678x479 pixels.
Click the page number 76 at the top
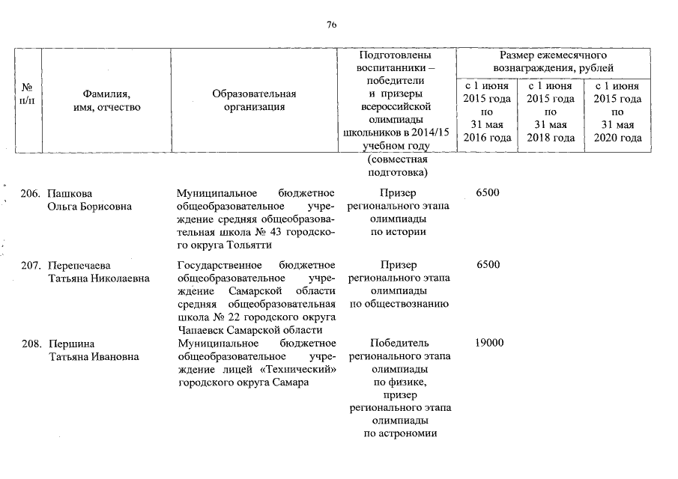[x=332, y=25]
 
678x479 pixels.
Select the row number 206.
[x=30, y=194]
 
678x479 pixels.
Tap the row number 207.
[x=30, y=265]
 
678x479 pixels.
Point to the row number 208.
[x=30, y=344]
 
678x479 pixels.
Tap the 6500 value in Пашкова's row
[x=487, y=193]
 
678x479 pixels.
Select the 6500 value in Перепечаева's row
[x=487, y=264]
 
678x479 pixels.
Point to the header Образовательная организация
[x=254, y=100]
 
